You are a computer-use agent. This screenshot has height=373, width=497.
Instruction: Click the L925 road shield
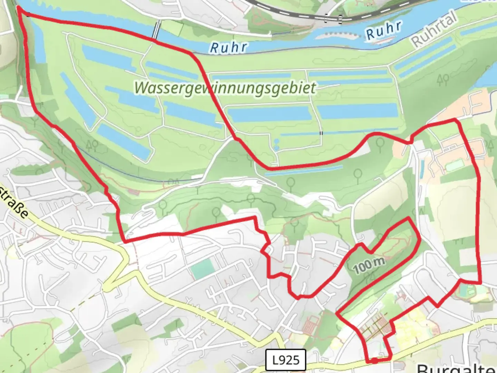[x=286, y=360]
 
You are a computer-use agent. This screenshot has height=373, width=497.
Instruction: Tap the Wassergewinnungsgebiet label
[x=225, y=87]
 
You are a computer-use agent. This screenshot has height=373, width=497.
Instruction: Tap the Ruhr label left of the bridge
[x=229, y=47]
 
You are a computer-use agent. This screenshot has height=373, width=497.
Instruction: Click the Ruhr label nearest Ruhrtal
[x=384, y=30]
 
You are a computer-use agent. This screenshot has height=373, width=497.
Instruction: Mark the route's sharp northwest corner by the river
[x=18, y=9]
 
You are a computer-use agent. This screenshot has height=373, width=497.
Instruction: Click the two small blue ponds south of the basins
[x=276, y=145]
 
